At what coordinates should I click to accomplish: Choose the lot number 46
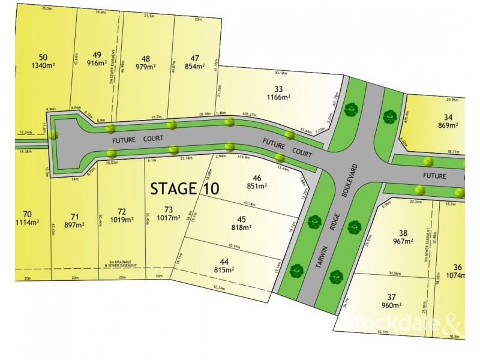pos(257,178)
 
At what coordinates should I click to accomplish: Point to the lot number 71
pos(74,217)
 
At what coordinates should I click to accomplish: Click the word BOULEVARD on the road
pos(355,182)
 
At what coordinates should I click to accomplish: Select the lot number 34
pos(448,117)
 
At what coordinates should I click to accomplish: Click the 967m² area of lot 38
pos(403,242)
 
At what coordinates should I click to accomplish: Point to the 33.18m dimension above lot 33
pos(280,73)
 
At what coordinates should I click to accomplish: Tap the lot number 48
pos(145,58)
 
